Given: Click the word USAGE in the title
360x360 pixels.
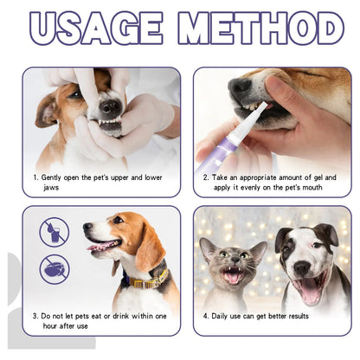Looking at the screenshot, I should tap(98, 29).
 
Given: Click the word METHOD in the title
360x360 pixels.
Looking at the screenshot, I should tap(260, 29).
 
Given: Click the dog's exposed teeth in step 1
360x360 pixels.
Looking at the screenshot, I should tap(110, 124).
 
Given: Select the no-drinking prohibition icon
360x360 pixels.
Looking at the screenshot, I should tap(54, 232).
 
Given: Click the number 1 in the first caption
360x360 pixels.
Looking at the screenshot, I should tap(34, 177).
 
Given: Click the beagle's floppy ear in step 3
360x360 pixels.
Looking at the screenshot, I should tap(148, 247).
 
